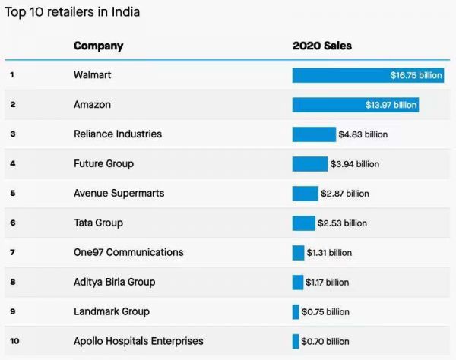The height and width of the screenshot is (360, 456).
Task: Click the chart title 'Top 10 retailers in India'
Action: [72, 12]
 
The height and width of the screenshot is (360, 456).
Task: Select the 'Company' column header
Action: [98, 46]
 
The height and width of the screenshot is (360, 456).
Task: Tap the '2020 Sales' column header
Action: [321, 46]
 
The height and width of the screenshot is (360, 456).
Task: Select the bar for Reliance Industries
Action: [313, 134]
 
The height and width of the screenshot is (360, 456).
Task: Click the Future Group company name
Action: [104, 163]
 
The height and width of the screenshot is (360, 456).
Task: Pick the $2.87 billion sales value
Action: [345, 194]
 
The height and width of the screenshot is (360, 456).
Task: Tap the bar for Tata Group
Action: [303, 223]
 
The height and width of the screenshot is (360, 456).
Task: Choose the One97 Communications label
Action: [128, 252]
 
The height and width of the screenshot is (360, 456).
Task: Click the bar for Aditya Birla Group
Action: [297, 282]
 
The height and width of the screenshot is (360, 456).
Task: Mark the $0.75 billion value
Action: [325, 311]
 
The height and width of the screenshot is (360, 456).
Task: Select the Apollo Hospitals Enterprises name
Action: [138, 341]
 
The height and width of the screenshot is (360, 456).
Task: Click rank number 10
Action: [13, 341]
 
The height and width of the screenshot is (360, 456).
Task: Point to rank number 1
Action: [12, 75]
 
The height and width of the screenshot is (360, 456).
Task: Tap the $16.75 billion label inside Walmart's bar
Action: [415, 75]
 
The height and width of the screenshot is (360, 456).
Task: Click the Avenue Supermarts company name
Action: [119, 193]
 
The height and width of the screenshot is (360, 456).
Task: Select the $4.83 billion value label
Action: [363, 134]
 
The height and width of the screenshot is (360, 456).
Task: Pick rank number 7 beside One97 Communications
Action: [12, 252]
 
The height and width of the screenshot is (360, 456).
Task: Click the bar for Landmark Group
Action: [296, 311]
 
